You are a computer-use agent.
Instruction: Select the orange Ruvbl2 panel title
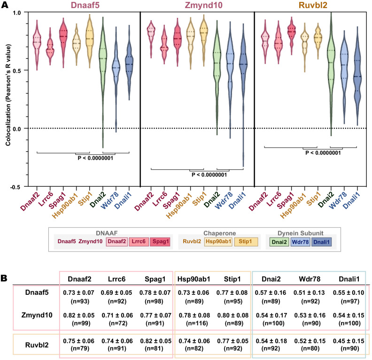310,6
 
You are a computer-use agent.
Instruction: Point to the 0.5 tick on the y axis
22,70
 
